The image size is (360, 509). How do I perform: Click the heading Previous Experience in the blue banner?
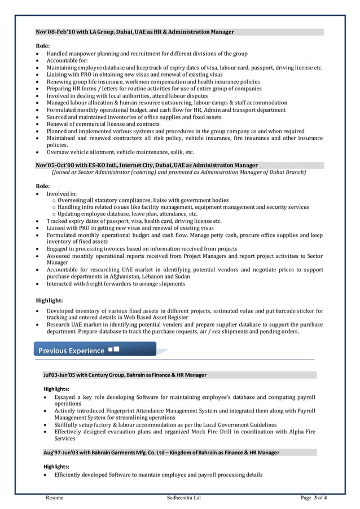click(71, 351)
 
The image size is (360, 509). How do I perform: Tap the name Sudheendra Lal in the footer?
click(183, 498)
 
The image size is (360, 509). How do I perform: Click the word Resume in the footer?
click(54, 498)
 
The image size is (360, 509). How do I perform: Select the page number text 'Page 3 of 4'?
click(314, 498)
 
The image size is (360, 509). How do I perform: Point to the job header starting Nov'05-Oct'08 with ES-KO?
click(147, 165)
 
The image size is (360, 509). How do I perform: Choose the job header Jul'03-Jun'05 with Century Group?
click(125, 375)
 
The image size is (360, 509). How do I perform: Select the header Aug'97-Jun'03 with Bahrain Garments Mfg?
click(161, 453)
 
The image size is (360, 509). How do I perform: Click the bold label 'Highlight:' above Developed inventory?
click(49, 300)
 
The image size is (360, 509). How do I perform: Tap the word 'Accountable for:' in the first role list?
click(67, 60)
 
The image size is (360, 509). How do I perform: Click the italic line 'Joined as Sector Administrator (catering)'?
click(178, 172)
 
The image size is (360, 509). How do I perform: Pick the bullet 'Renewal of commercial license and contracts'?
click(103, 124)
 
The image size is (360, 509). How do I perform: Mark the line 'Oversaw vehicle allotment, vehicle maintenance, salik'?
click(120, 152)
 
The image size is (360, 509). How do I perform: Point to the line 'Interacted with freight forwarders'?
click(116, 283)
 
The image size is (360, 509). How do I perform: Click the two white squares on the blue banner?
click(113, 350)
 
